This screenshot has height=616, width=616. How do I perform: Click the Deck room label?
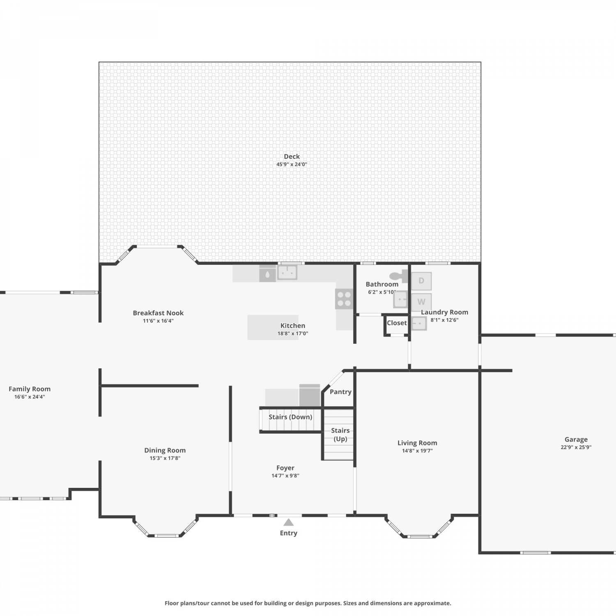(x=292, y=156)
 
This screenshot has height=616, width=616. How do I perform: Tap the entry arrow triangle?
(x=289, y=522)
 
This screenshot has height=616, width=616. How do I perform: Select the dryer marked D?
(x=421, y=281)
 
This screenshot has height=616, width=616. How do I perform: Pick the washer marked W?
(x=421, y=302)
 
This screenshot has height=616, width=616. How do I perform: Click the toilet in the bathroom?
(x=398, y=276)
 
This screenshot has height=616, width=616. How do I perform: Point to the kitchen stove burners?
(x=344, y=299)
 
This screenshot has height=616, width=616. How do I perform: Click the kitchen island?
(x=273, y=327)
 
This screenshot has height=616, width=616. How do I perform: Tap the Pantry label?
(x=340, y=392)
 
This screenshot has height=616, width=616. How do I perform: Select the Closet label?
(x=397, y=323)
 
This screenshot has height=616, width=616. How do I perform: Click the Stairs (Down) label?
(x=290, y=417)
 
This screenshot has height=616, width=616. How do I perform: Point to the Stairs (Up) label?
(x=340, y=434)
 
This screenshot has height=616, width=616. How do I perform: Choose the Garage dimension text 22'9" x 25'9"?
(x=576, y=447)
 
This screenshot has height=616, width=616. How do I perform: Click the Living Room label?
(x=417, y=443)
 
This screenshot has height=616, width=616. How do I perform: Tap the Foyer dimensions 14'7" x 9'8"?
(x=285, y=476)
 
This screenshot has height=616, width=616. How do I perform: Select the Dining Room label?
(x=165, y=451)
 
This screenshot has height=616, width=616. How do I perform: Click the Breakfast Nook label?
(x=158, y=313)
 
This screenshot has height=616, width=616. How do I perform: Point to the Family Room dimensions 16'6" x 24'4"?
(x=30, y=397)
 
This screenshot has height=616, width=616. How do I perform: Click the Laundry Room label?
(x=444, y=312)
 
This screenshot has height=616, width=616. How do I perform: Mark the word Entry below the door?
(x=289, y=533)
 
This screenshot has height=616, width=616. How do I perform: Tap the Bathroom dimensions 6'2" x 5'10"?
(x=382, y=292)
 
